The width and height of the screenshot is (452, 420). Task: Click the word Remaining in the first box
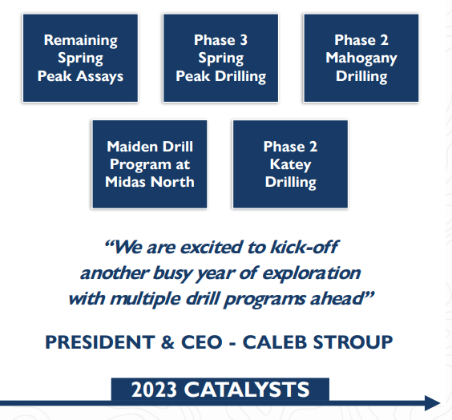pyautogui.click(x=81, y=41)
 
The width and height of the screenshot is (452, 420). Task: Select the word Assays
pyautogui.click(x=100, y=77)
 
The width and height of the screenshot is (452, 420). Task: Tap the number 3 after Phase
pyautogui.click(x=244, y=40)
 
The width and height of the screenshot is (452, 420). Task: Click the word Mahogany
pyautogui.click(x=361, y=59)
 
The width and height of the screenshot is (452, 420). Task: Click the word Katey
pyautogui.click(x=291, y=165)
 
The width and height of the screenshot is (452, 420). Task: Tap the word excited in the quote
pyautogui.click(x=212, y=248)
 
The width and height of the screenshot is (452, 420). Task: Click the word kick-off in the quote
pyautogui.click(x=305, y=247)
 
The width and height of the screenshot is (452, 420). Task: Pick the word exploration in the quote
pyautogui.click(x=311, y=273)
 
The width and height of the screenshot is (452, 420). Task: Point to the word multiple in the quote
pyautogui.click(x=145, y=299)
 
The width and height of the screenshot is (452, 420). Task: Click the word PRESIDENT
pyautogui.click(x=100, y=342)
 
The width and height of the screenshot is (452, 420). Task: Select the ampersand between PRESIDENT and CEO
pyautogui.click(x=167, y=342)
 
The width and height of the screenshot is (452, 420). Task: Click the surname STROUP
pyautogui.click(x=353, y=342)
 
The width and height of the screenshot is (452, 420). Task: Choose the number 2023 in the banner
pyautogui.click(x=154, y=390)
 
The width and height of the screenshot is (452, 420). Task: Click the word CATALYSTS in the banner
pyautogui.click(x=247, y=390)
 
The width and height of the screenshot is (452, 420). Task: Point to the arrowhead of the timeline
pyautogui.click(x=433, y=403)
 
